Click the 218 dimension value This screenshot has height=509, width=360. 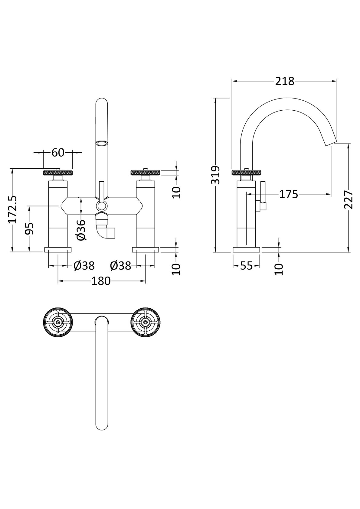coord(285,81)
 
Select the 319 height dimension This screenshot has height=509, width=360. coord(216,175)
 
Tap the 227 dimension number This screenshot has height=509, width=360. coord(349,199)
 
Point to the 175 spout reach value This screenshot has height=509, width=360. coord(288,194)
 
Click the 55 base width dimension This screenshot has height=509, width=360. coord(247,266)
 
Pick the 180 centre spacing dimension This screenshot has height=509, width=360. coord(101,281)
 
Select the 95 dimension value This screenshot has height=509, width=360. coord(29,229)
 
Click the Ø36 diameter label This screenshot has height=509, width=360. coord(81,230)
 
